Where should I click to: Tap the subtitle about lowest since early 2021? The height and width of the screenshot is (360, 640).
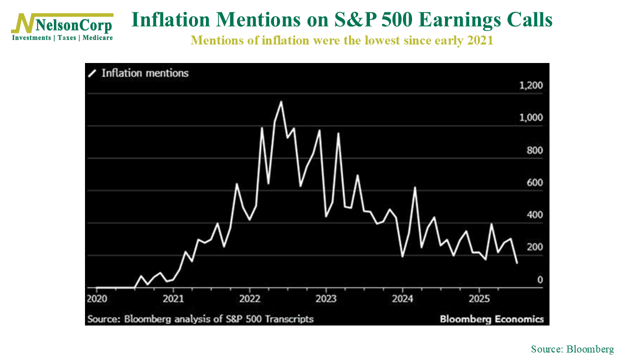click(x=342, y=40)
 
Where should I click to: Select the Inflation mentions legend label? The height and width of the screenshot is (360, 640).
click(x=145, y=73)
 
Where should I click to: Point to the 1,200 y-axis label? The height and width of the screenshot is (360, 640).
click(x=531, y=85)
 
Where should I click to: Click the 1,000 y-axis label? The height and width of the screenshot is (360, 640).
click(x=531, y=118)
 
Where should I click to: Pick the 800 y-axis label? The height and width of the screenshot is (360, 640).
click(x=534, y=150)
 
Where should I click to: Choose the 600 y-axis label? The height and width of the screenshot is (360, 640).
click(x=534, y=183)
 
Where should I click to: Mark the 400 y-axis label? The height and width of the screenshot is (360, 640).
click(x=534, y=215)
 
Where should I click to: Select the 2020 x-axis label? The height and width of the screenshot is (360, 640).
click(x=96, y=299)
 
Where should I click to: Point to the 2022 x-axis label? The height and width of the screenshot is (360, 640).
click(x=249, y=299)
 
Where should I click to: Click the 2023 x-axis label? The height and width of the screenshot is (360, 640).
click(x=326, y=299)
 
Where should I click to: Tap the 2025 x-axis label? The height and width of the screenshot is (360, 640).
click(x=479, y=299)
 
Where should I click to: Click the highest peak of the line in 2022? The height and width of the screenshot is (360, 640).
click(x=281, y=102)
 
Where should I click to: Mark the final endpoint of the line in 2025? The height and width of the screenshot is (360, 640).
click(x=516, y=263)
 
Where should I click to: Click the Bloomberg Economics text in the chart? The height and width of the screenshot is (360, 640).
click(x=491, y=319)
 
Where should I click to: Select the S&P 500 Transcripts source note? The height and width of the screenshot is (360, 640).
click(x=200, y=319)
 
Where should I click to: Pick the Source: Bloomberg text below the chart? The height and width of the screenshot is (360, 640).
click(x=572, y=349)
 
